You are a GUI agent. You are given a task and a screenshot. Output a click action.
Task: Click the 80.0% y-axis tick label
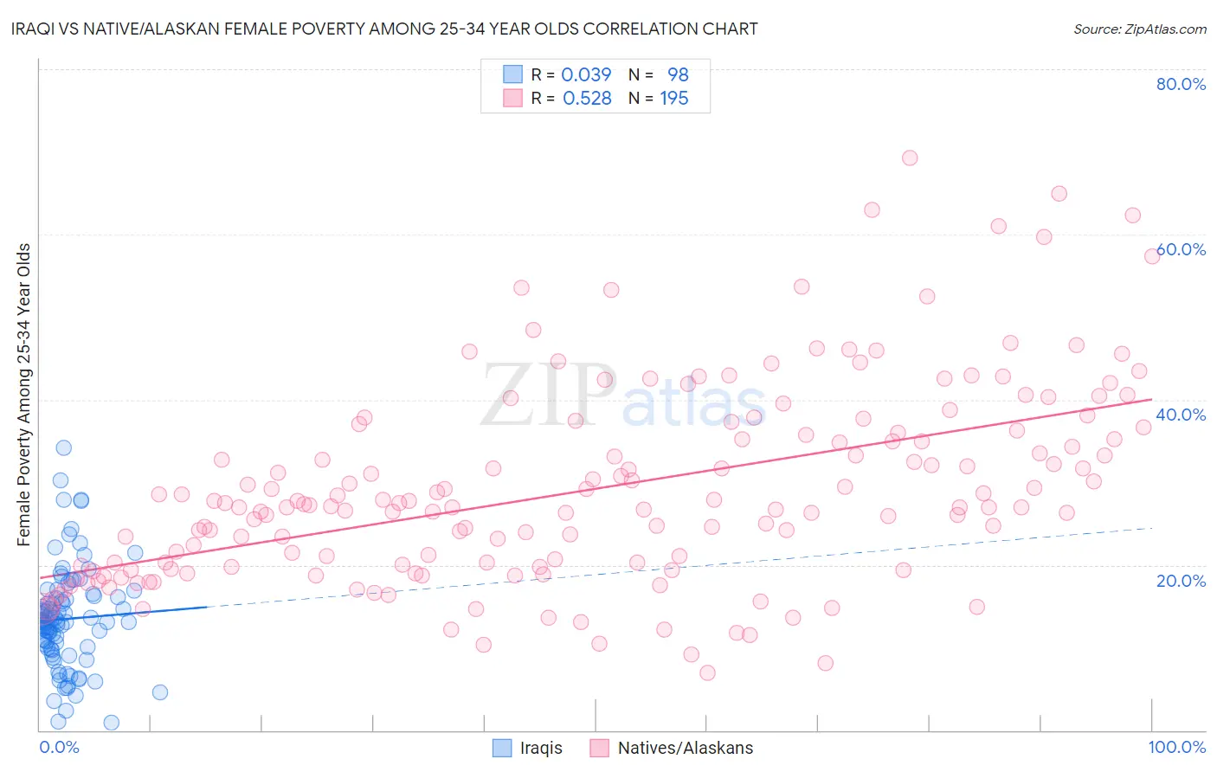tap(1181, 84)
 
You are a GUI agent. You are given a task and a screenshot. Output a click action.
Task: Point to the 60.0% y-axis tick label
tap(1181, 249)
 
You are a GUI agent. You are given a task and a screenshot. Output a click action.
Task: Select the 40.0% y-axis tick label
tap(1181, 415)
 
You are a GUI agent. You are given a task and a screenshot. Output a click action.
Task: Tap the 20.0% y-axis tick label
tap(1181, 580)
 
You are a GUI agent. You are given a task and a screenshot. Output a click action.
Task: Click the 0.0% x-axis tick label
tap(59, 747)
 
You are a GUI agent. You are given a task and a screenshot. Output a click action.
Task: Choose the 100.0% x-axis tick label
tap(1177, 747)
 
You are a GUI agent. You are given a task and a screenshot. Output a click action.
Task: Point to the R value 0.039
tap(586, 74)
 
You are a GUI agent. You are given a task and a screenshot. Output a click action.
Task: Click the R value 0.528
tap(587, 99)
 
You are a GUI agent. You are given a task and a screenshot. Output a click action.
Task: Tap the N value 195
tap(674, 99)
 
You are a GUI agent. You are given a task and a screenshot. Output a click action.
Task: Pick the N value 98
tap(678, 74)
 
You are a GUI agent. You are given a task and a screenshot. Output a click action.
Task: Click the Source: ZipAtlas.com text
tap(1140, 29)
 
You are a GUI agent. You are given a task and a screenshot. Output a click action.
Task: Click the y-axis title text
tap(24, 395)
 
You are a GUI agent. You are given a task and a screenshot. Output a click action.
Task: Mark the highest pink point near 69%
tap(909, 158)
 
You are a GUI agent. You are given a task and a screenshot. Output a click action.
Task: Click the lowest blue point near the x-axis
tap(111, 723)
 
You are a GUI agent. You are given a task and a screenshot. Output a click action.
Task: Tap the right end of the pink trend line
tap(1152, 399)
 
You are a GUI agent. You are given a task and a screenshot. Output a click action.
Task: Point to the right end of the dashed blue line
tap(1152, 528)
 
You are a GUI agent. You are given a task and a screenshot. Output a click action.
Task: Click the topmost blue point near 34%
tap(63, 447)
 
